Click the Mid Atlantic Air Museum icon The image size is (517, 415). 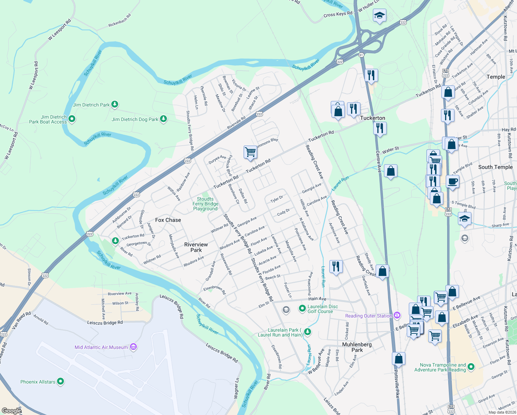coord(133,347)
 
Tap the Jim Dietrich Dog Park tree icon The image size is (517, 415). coord(163,119)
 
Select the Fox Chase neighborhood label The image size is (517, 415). coord(168,220)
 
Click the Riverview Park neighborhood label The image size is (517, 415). coord(196,247)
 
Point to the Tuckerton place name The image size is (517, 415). coord(373,118)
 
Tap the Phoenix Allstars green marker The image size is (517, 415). coord(60,381)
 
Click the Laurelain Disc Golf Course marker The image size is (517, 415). coord(302,307)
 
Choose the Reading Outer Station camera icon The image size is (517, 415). coord(397,315)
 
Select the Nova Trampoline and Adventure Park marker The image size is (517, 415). coord(470,367)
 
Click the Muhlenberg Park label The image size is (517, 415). coord(357,347)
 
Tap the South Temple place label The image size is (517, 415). coord(495,167)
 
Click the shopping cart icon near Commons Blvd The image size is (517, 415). coord(250,152)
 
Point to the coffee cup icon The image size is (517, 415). coord(452,181)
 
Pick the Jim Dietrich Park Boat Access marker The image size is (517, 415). coord(72,119)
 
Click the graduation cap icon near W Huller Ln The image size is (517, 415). coord(379,15)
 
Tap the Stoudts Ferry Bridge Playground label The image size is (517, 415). coord(205,204)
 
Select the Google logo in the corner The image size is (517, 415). coord(11,411)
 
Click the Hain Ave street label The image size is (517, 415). coord(317,299)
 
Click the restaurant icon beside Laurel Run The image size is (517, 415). coord(336,266)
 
